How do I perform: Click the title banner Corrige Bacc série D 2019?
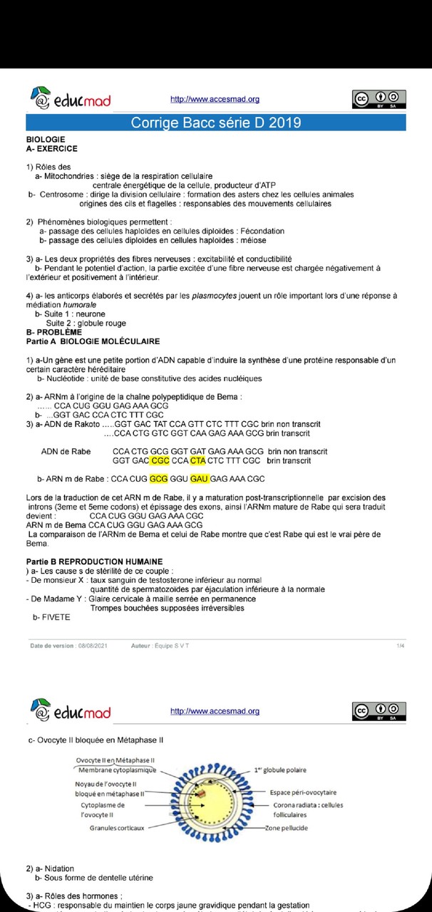215,123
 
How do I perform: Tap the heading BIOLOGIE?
46,140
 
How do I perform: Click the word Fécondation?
261,232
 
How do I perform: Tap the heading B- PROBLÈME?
53,332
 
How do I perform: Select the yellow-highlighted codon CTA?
197,461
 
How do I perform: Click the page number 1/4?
401,646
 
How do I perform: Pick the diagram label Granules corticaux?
116,828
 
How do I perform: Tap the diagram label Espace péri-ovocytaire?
303,792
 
